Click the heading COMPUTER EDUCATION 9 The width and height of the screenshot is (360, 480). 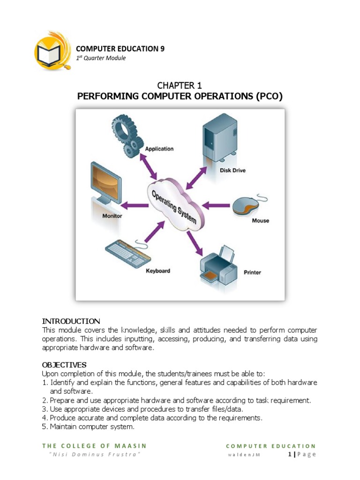(x=120, y=48)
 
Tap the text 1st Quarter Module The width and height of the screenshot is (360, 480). (x=101, y=58)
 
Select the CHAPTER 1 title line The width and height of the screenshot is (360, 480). (x=180, y=85)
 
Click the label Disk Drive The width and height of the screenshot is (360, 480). (x=232, y=171)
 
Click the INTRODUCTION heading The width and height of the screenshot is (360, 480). (x=71, y=321)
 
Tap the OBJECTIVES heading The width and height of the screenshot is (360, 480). (x=64, y=365)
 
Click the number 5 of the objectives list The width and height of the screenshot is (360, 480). (x=45, y=427)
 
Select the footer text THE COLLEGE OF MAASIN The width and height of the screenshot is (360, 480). (x=94, y=446)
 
